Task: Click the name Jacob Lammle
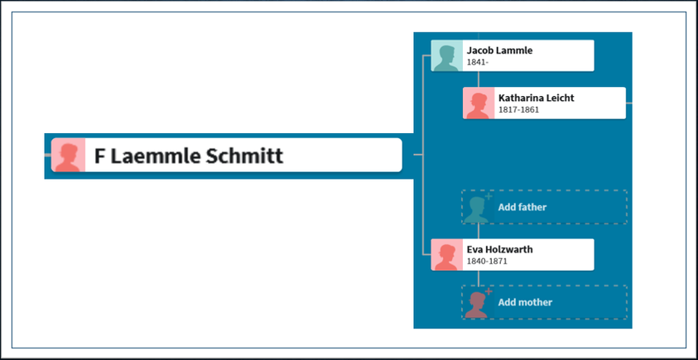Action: tap(499, 50)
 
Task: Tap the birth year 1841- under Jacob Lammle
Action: tap(478, 62)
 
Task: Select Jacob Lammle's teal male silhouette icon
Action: tap(447, 55)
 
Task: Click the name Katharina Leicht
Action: tap(537, 98)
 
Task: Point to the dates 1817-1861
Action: tap(518, 109)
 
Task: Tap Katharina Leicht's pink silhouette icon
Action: tap(479, 103)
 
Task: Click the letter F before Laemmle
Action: tap(99, 156)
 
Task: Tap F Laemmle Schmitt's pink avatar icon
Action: tap(68, 155)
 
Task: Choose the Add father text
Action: tap(522, 207)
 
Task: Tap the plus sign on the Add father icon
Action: tap(489, 196)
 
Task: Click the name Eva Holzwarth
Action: tap(499, 249)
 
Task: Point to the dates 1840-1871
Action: tap(487, 262)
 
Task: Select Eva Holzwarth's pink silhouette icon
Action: tap(447, 255)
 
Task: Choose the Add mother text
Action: tap(525, 302)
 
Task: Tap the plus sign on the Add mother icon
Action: tap(489, 291)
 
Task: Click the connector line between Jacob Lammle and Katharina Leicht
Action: tap(479, 79)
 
